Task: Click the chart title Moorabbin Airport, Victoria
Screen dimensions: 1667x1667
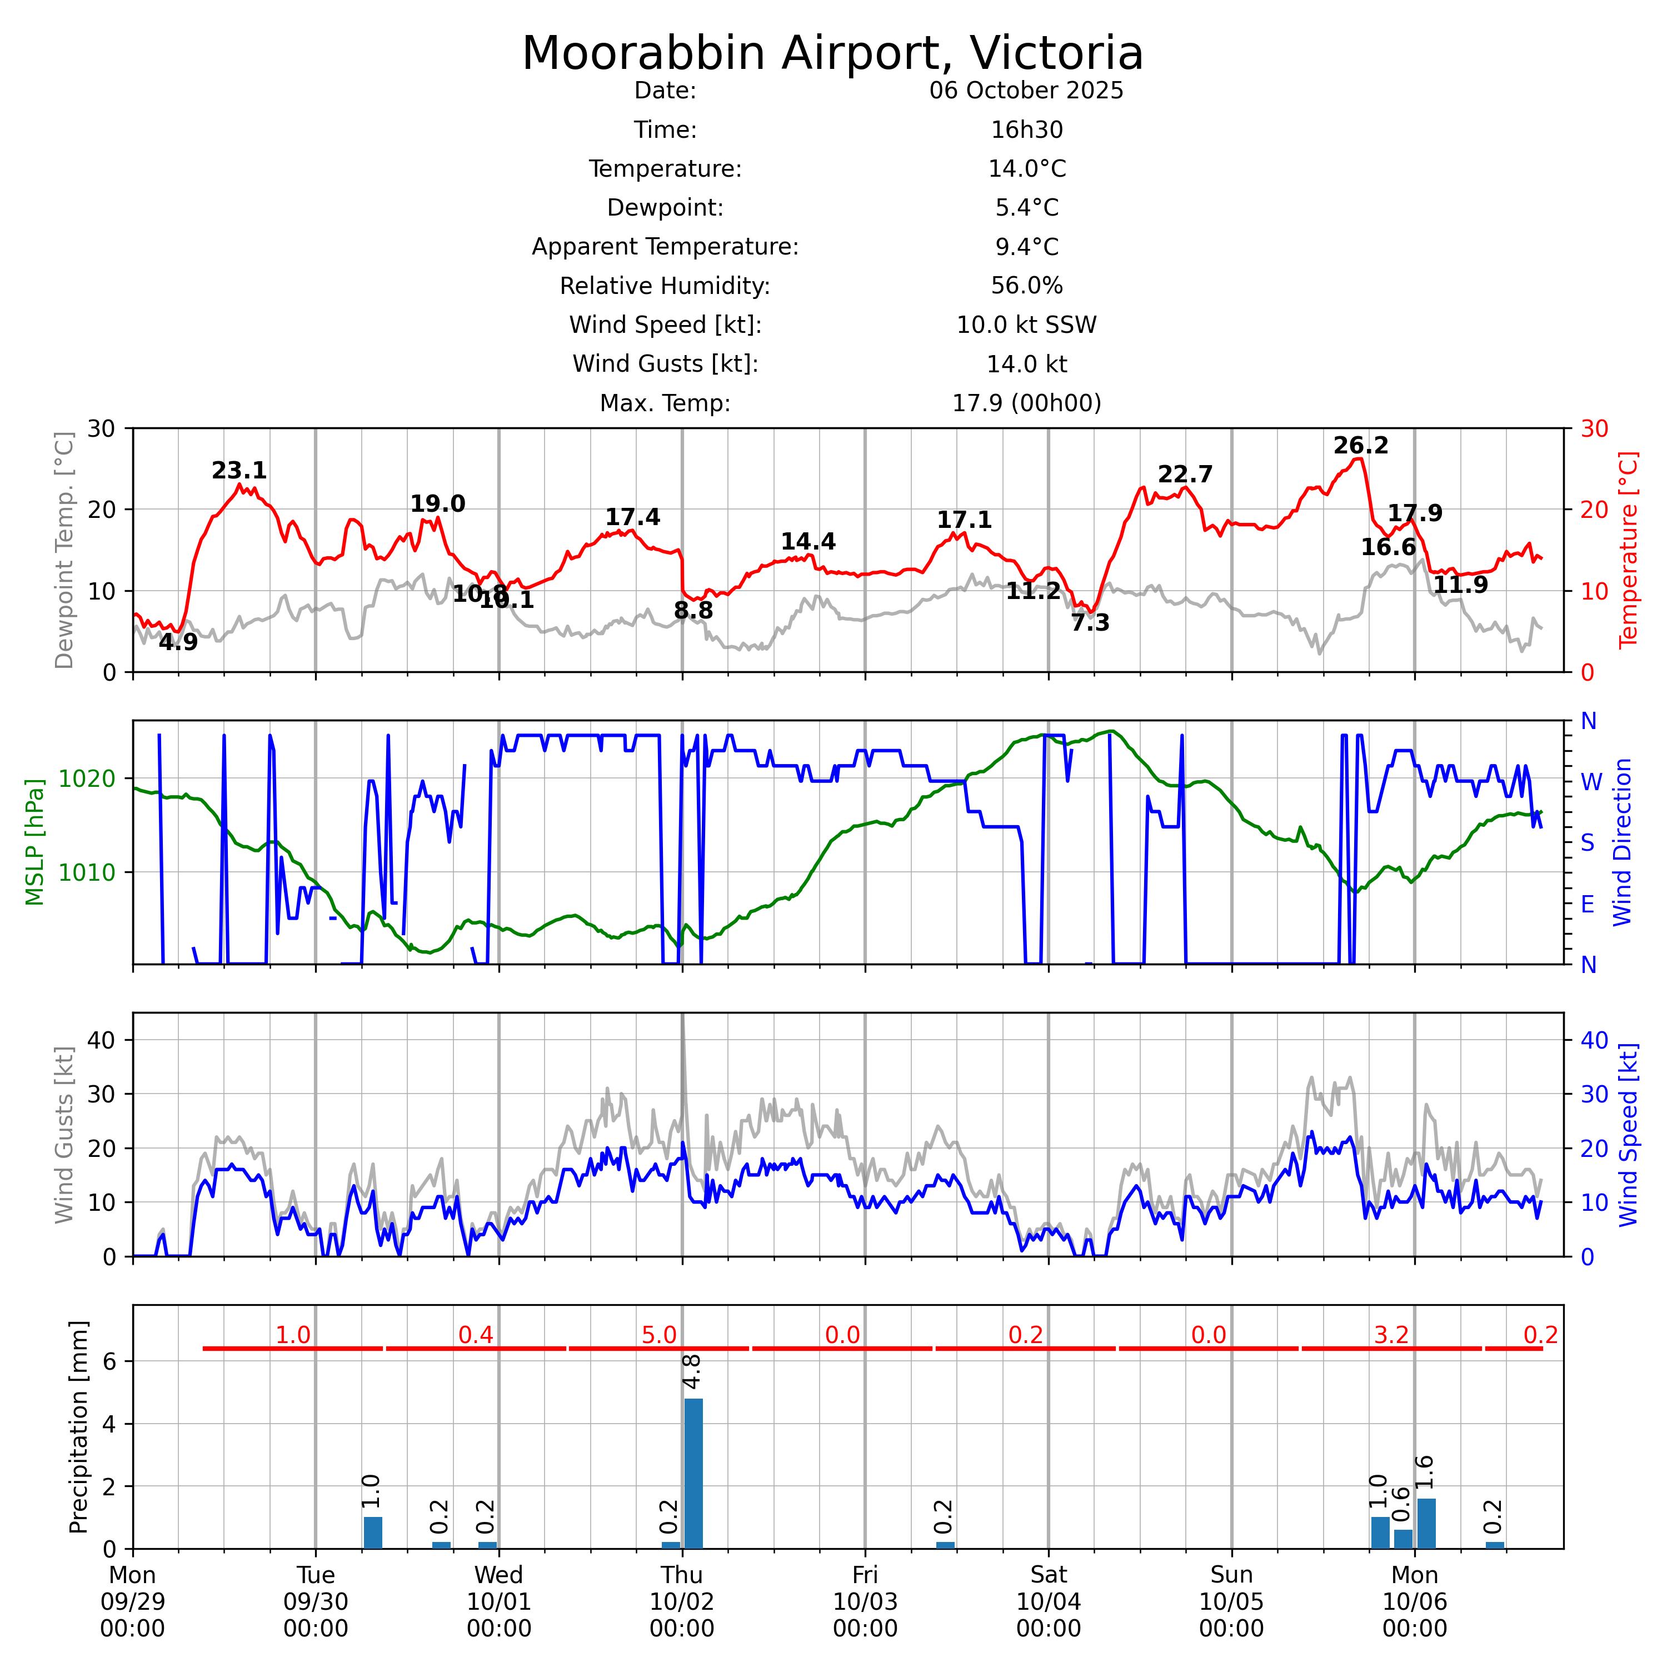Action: click(x=832, y=53)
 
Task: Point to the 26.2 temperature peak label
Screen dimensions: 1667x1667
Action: click(x=1361, y=446)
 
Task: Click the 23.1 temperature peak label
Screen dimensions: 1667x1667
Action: click(x=239, y=471)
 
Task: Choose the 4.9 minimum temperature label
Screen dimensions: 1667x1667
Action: click(x=178, y=643)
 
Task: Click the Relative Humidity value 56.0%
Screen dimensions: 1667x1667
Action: click(x=1026, y=286)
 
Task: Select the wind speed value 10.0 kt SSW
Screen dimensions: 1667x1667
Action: click(x=1026, y=325)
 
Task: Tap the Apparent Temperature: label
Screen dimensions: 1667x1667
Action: click(x=665, y=247)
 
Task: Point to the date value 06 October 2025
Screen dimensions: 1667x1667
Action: click(x=1026, y=91)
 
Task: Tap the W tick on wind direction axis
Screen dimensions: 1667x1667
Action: click(x=1590, y=782)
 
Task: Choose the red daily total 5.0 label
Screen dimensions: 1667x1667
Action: click(x=658, y=1336)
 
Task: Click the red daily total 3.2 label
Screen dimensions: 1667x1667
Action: click(x=1391, y=1336)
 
